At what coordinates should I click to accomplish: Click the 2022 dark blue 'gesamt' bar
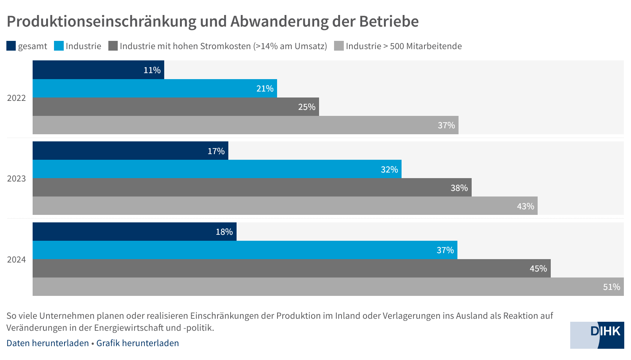pos(98,70)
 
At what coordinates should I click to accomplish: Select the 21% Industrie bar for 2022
pos(154,88)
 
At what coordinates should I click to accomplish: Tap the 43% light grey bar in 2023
pos(285,206)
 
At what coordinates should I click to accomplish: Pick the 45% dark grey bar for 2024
pos(291,268)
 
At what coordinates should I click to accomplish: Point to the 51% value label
pos(611,287)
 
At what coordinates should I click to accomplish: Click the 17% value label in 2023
pos(216,151)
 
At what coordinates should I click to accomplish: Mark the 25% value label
pos(306,107)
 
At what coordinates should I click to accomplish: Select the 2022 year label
pos(16,98)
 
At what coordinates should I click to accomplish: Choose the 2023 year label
pos(16,178)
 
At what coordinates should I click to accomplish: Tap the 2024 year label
pos(16,259)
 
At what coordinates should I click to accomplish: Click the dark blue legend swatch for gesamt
pos(11,46)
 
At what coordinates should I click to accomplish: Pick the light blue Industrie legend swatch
pos(59,46)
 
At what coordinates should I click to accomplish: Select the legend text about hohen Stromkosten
pos(223,46)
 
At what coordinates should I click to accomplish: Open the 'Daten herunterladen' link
pos(48,343)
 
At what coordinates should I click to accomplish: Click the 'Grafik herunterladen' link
pos(138,343)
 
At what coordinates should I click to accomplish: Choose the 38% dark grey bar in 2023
pos(252,187)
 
